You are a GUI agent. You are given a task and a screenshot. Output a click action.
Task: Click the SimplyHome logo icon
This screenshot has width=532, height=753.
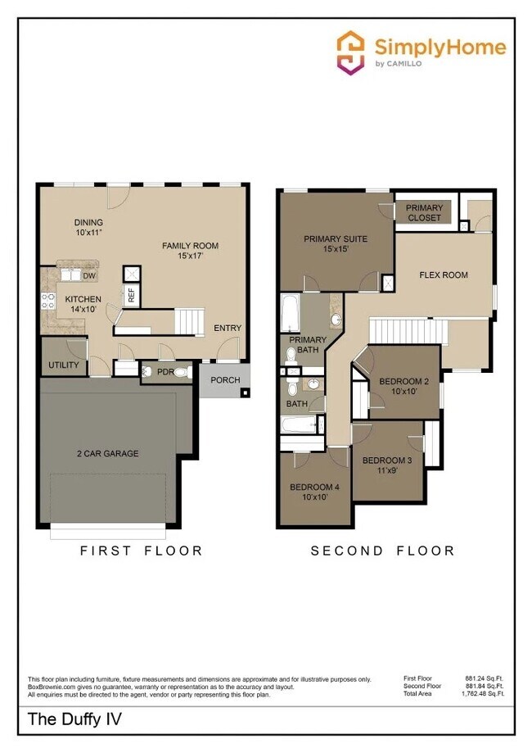click(351, 53)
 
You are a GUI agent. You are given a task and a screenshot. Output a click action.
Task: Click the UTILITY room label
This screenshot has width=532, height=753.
click(63, 365)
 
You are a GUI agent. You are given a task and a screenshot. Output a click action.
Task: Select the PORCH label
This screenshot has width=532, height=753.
click(225, 380)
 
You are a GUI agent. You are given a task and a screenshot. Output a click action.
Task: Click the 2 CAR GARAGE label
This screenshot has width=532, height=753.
click(108, 453)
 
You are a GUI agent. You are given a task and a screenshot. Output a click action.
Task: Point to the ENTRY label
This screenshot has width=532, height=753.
click(228, 328)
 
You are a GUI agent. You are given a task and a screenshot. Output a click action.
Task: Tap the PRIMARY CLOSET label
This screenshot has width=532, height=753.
click(424, 213)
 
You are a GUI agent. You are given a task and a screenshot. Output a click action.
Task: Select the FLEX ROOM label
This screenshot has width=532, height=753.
click(444, 275)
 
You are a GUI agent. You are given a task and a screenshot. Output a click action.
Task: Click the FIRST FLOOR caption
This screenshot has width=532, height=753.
click(141, 551)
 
